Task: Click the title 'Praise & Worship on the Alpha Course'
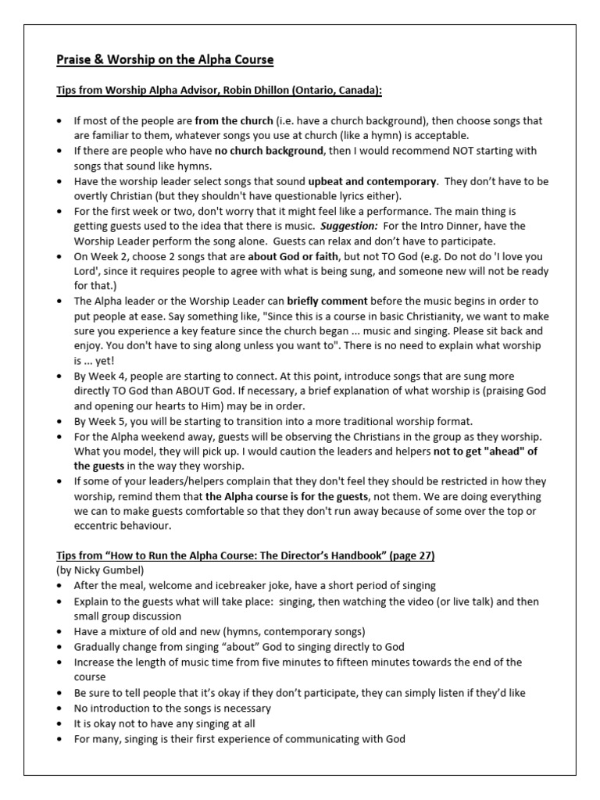(x=164, y=60)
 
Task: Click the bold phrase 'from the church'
(x=234, y=121)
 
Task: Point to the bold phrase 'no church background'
(x=268, y=150)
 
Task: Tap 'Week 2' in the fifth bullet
(x=105, y=255)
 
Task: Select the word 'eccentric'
(x=98, y=526)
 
